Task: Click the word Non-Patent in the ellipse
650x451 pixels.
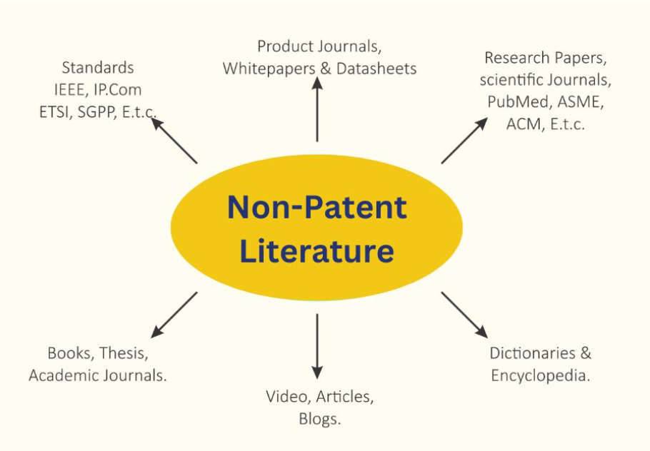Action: point(317,207)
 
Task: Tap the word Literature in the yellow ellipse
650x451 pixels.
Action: point(317,250)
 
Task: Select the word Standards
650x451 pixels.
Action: point(98,68)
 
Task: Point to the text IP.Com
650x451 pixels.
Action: point(118,90)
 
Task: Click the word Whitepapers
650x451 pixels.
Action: point(269,69)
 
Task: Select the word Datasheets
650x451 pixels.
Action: point(376,69)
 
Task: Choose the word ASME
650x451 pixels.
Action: point(580,102)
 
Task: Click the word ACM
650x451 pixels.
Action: point(524,124)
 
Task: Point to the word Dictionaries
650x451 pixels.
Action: point(532,353)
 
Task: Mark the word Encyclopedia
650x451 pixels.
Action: point(541,375)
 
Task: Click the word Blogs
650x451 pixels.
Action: point(320,419)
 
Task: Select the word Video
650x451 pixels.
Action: point(288,397)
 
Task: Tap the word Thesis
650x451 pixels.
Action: point(124,353)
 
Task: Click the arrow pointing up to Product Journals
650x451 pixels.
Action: point(317,109)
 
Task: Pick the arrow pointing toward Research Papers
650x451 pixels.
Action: point(465,141)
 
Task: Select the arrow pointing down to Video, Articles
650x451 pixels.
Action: point(317,346)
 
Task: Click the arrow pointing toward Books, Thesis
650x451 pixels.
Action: point(174,315)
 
